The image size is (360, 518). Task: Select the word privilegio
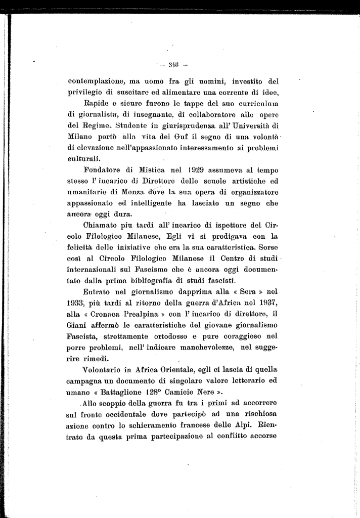pyautogui.click(x=85, y=92)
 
